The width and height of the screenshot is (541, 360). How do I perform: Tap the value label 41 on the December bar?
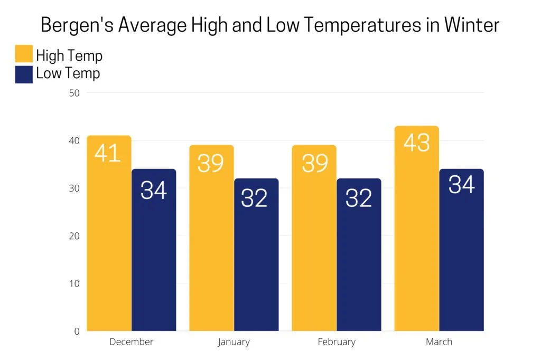coord(108,153)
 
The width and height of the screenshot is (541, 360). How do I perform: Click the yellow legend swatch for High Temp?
coord(24,55)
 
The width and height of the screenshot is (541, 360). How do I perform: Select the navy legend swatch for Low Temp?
coord(24,74)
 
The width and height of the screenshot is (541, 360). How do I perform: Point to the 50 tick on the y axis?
coord(74,93)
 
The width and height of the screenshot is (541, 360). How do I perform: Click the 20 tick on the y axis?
coord(74,236)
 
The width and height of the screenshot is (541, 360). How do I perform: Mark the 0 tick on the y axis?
coord(77,331)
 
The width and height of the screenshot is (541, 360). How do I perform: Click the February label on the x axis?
coord(337,342)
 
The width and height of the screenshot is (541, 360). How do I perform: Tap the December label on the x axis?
coord(131,342)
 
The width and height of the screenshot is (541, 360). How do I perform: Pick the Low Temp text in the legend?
coord(68,74)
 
